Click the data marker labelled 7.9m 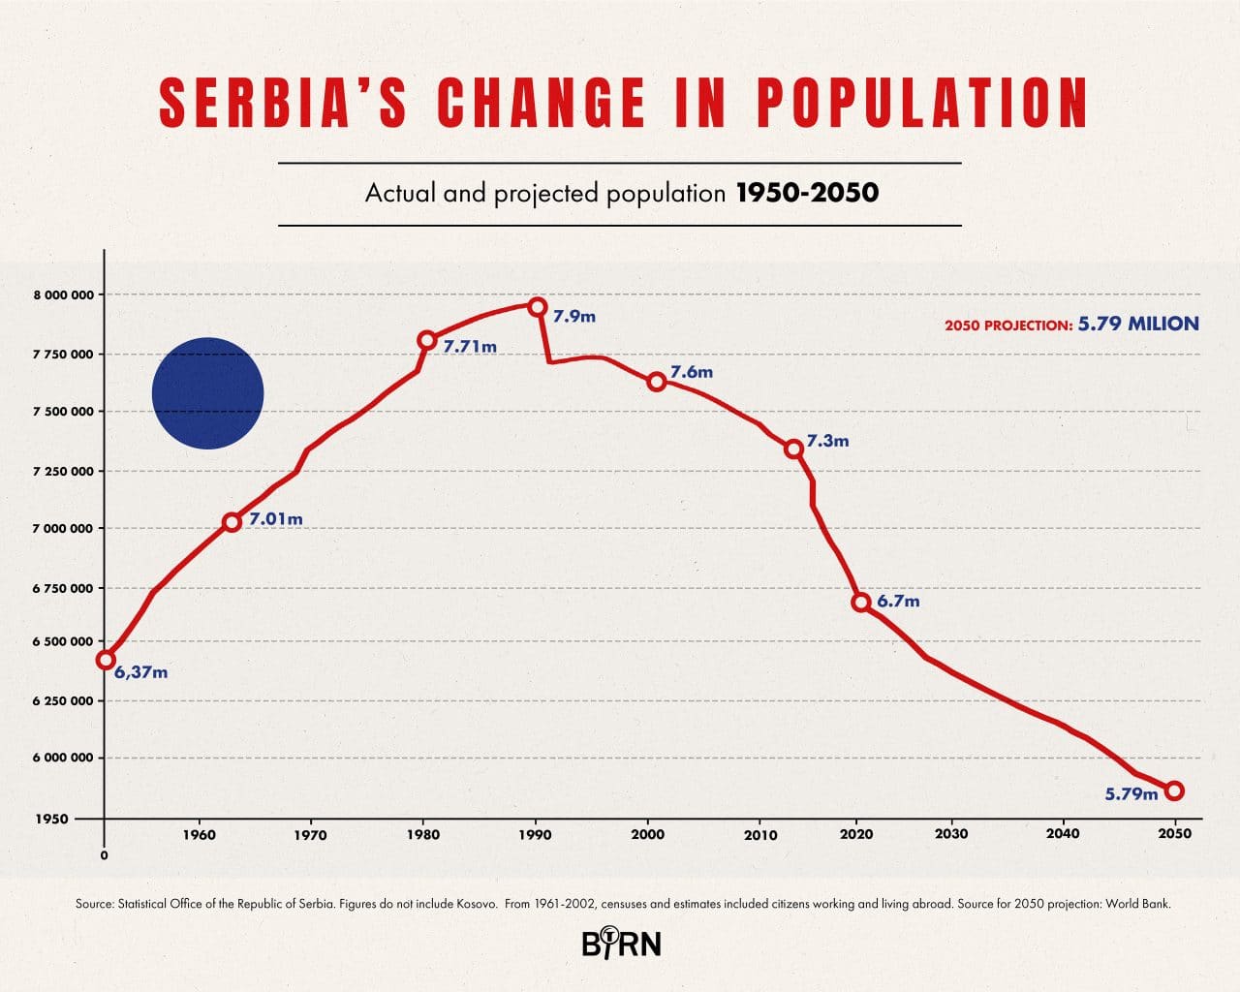(538, 306)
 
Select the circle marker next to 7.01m (232, 522)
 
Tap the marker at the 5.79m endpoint (1174, 790)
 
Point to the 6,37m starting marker (106, 660)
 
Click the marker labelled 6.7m (860, 602)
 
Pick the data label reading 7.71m (470, 346)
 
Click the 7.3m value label (827, 441)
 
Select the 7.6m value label (691, 372)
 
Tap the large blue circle (208, 393)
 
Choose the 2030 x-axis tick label (951, 833)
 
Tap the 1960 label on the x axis (200, 834)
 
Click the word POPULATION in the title (922, 103)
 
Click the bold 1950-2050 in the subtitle (807, 193)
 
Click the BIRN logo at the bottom (621, 942)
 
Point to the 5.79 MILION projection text (1138, 324)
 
